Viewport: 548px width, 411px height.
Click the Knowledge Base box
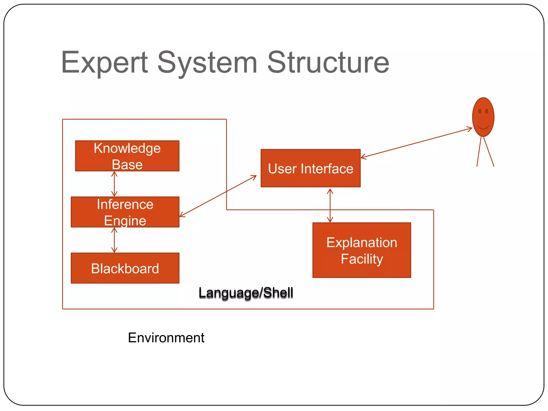pyautogui.click(x=127, y=156)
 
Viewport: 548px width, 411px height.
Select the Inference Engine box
pyautogui.click(x=125, y=212)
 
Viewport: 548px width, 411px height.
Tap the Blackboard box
pyautogui.click(x=125, y=268)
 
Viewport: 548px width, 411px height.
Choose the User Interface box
pyautogui.click(x=310, y=168)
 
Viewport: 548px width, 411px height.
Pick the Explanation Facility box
pyautogui.click(x=361, y=250)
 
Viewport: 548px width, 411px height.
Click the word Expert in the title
pyautogui.click(x=104, y=63)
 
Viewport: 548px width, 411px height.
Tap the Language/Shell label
pyautogui.click(x=246, y=292)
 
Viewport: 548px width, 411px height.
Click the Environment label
pyautogui.click(x=166, y=337)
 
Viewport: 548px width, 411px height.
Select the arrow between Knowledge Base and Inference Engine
pyautogui.click(x=114, y=184)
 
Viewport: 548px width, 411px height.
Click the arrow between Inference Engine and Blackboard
pyautogui.click(x=114, y=240)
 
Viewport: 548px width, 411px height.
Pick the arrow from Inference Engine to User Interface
pyautogui.click(x=218, y=196)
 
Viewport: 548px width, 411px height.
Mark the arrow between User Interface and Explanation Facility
pyautogui.click(x=330, y=205)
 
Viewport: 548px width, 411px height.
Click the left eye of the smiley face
pyautogui.click(x=480, y=111)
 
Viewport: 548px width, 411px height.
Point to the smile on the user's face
pyautogui.click(x=483, y=127)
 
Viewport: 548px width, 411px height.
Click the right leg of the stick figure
pyautogui.click(x=489, y=151)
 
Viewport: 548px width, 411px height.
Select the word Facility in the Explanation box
pyautogui.click(x=362, y=259)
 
